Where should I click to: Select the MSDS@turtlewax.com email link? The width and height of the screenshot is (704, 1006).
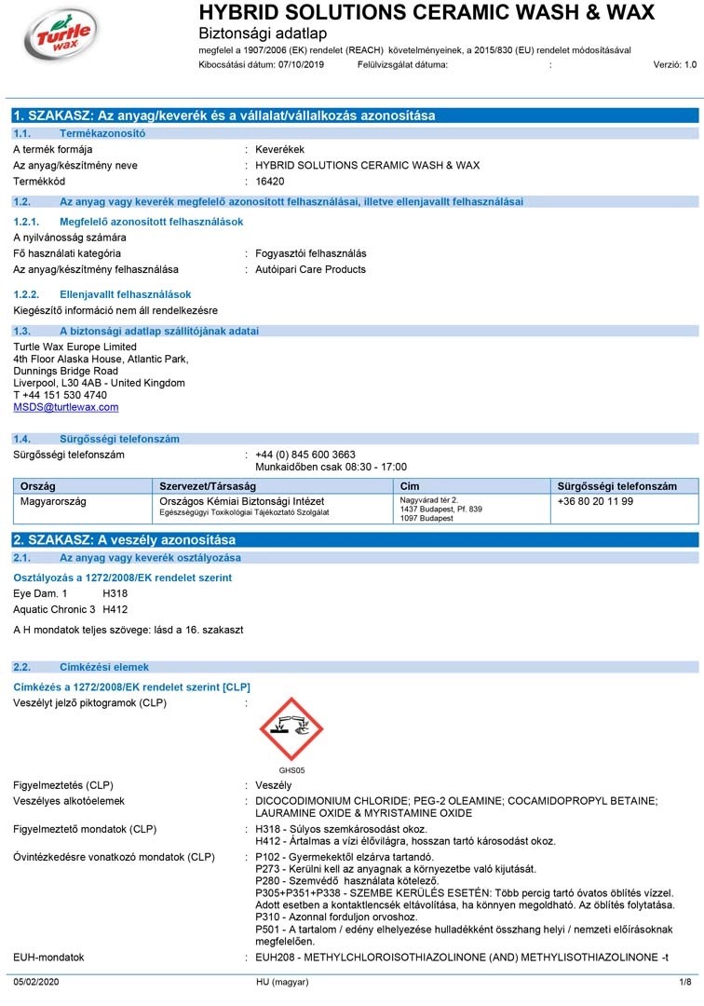[x=66, y=407]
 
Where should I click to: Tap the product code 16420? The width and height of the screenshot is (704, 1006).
[x=270, y=182]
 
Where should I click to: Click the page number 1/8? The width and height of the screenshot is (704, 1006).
[x=684, y=982]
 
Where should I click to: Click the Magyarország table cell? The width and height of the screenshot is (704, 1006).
[x=53, y=501]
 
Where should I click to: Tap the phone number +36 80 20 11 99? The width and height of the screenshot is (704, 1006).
[x=595, y=501]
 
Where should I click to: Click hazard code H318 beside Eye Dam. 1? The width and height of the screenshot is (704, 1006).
[x=115, y=593]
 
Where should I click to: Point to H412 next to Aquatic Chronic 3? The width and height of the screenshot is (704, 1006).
[x=115, y=609]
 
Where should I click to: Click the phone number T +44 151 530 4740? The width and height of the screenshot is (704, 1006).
[x=60, y=395]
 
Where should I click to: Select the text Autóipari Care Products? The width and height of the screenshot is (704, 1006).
[x=311, y=269]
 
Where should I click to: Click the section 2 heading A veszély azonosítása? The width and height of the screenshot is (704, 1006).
[x=124, y=540]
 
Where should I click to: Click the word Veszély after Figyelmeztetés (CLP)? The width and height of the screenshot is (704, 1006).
[x=274, y=785]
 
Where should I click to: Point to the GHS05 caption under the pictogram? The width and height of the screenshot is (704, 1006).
[x=291, y=769]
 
